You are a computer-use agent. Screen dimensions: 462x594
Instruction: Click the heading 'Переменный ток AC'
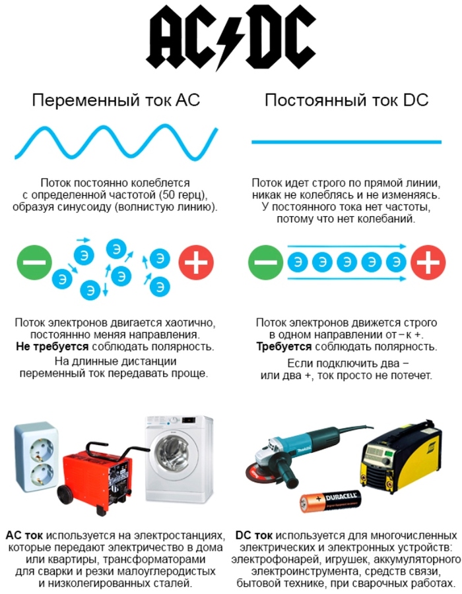[115, 100]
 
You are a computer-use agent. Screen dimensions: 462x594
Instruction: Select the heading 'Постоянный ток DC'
[346, 100]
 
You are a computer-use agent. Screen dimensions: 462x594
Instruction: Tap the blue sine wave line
[116, 142]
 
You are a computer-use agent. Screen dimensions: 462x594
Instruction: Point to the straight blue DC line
[346, 142]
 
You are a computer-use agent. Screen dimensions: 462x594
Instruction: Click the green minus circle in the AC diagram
[34, 262]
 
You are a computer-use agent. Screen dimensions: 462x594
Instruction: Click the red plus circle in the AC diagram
[196, 262]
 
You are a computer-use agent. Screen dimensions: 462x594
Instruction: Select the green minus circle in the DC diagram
[265, 262]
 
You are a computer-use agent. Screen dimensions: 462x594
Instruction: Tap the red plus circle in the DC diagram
[428, 262]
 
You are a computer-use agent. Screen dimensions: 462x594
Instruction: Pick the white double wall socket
[37, 458]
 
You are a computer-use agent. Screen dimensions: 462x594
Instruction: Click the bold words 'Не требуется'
[52, 347]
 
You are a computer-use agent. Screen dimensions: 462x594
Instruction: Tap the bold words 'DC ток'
[253, 535]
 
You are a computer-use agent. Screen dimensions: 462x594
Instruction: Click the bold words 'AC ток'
[24, 535]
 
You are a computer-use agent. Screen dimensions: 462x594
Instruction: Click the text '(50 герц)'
[183, 195]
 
